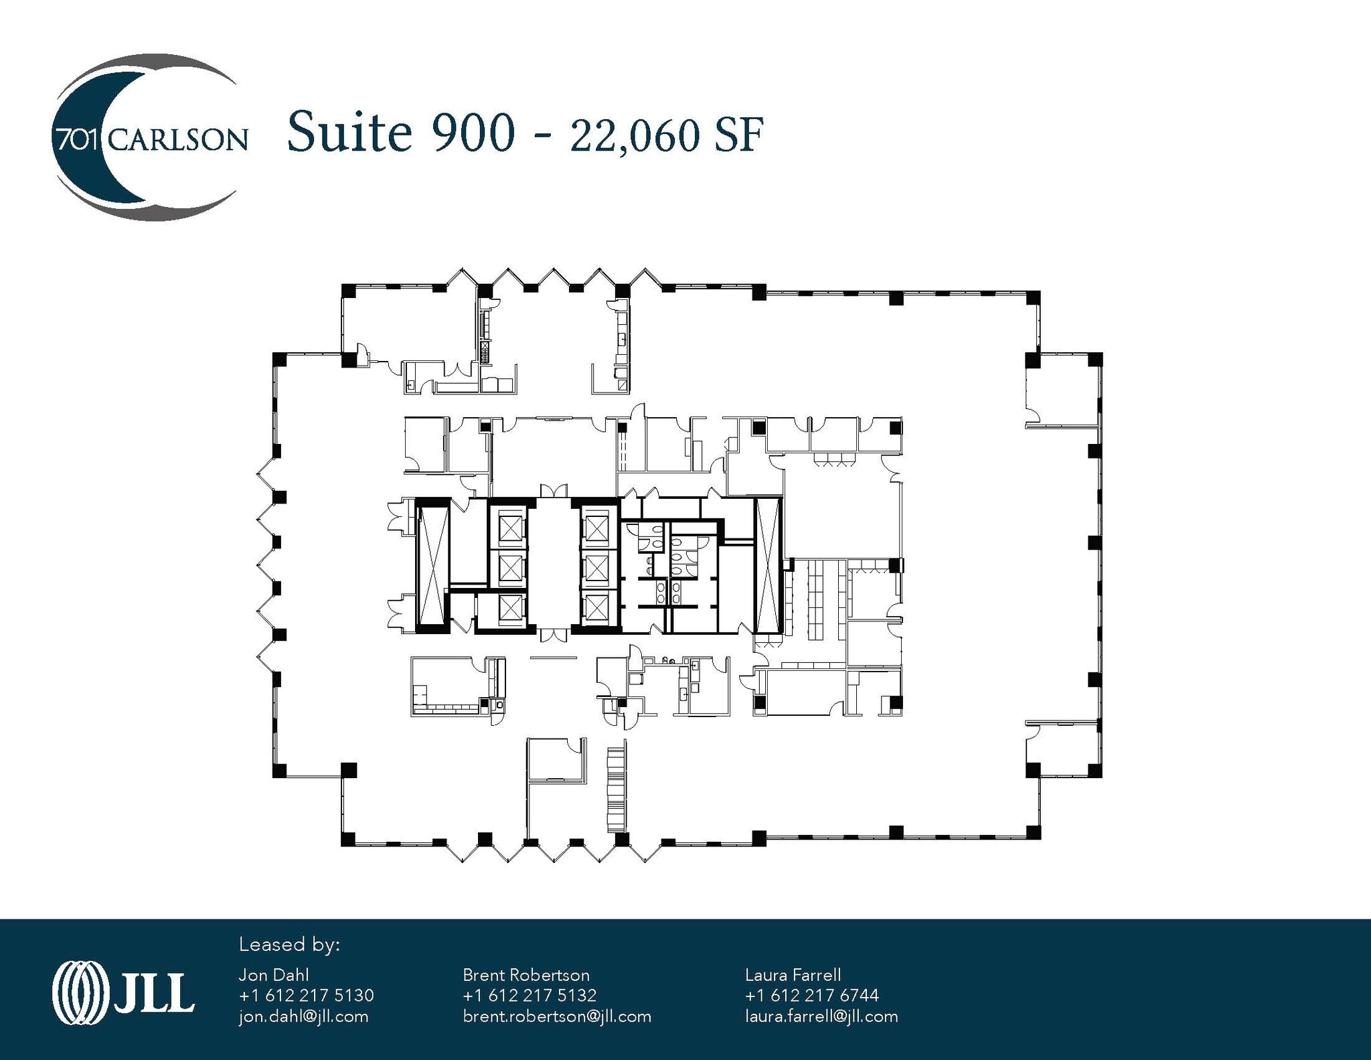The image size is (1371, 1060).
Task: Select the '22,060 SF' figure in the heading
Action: click(666, 136)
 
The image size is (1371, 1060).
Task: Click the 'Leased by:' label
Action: click(289, 945)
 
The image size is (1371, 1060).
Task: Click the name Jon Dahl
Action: click(274, 975)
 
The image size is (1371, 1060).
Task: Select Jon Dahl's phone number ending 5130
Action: click(306, 996)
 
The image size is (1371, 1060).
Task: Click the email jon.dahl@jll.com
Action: click(303, 1016)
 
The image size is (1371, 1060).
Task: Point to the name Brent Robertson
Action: click(526, 975)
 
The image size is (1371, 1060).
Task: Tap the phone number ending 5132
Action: click(530, 996)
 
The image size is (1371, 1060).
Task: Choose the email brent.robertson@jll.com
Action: click(557, 1016)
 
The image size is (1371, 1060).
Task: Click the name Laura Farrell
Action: click(793, 975)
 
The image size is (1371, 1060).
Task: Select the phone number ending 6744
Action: click(811, 996)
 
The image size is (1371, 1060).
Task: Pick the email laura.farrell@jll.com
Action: click(821, 1016)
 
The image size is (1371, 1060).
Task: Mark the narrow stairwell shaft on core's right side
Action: click(768, 566)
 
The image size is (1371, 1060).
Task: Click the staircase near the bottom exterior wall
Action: click(615, 790)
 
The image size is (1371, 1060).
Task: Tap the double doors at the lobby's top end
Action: click(554, 491)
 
